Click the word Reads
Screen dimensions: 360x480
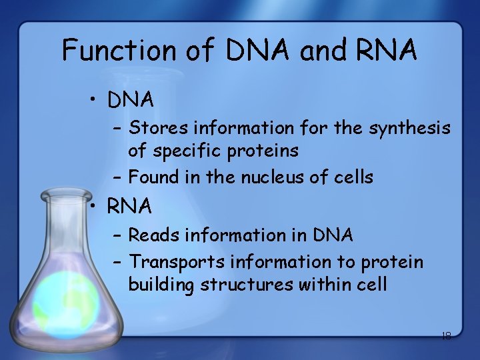[x=153, y=235]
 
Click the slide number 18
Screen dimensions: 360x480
[x=446, y=336]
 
